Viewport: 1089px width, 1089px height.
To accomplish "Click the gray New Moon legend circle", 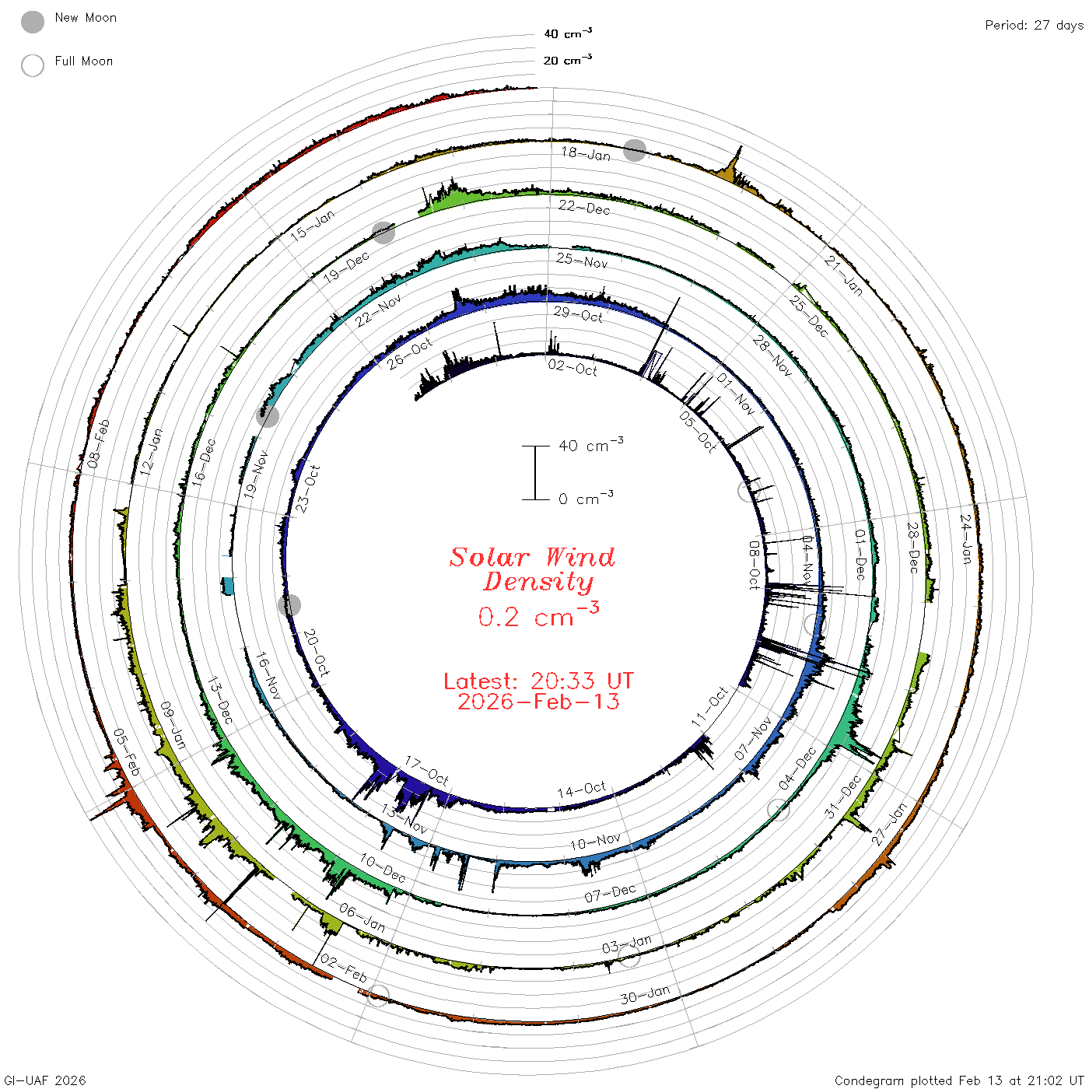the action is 33,22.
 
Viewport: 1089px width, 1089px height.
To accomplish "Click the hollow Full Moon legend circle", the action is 33,65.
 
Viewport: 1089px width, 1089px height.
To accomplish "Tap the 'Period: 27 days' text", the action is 1035,26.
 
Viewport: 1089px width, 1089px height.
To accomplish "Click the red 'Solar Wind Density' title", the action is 533,569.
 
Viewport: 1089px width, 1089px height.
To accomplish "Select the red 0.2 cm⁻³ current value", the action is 538,615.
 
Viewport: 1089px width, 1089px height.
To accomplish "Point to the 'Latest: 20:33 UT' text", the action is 538,681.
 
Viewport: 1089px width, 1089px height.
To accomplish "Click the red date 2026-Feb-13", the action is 538,702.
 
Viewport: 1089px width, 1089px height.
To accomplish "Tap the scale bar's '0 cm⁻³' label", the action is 586,498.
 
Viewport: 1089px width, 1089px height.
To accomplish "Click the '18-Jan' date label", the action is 586,153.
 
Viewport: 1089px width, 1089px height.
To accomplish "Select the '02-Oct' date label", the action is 573,368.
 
